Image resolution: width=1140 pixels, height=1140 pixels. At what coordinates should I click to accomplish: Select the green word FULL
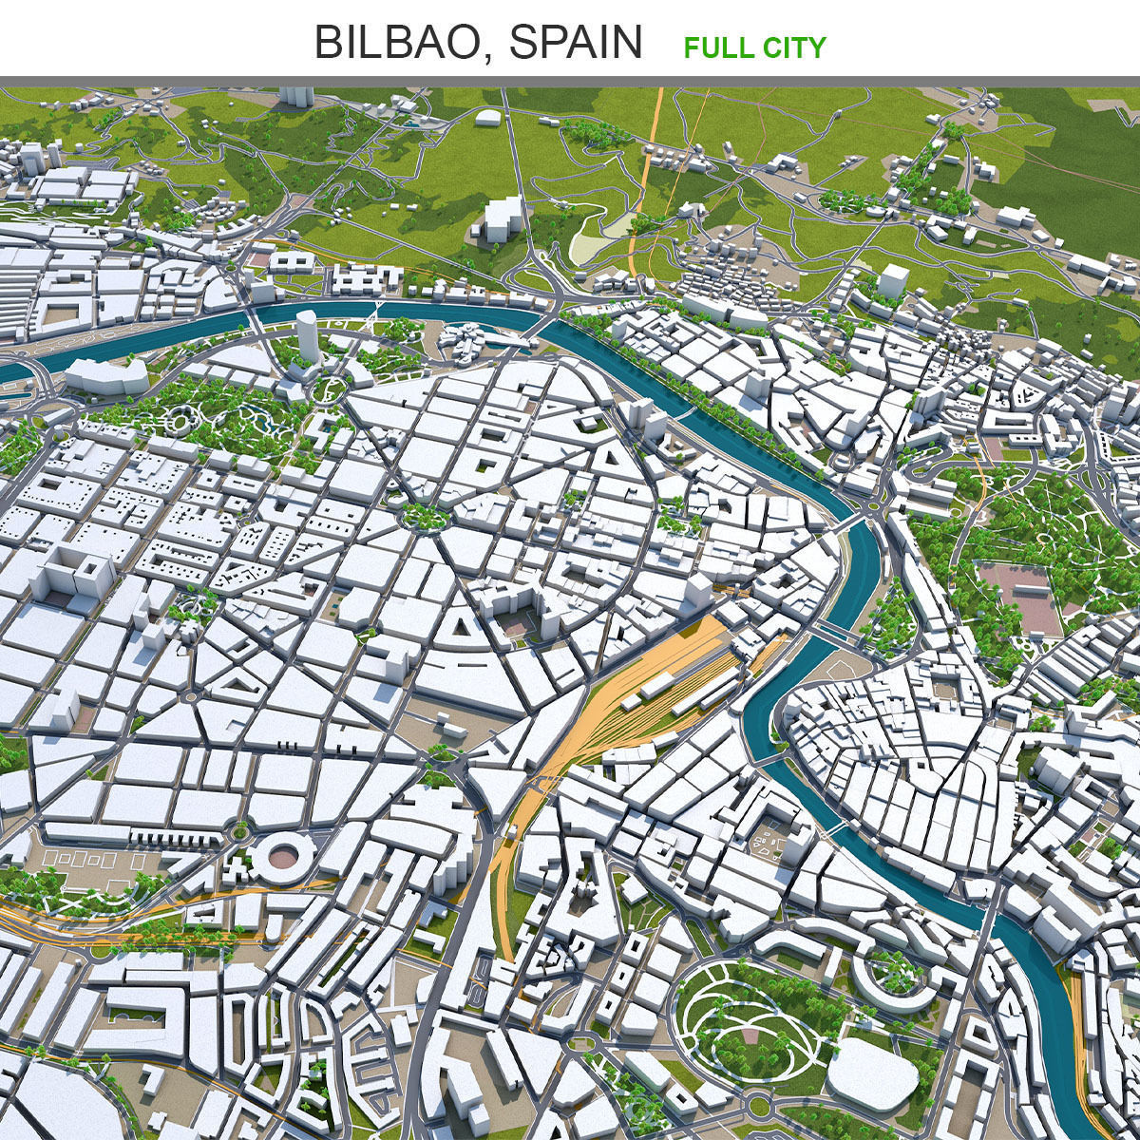(715, 47)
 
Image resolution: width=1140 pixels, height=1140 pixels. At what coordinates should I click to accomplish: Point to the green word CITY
(790, 47)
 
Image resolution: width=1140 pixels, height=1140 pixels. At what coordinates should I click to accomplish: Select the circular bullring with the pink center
(282, 855)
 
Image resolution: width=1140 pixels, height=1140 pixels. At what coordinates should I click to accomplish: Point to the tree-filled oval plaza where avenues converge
(424, 517)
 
